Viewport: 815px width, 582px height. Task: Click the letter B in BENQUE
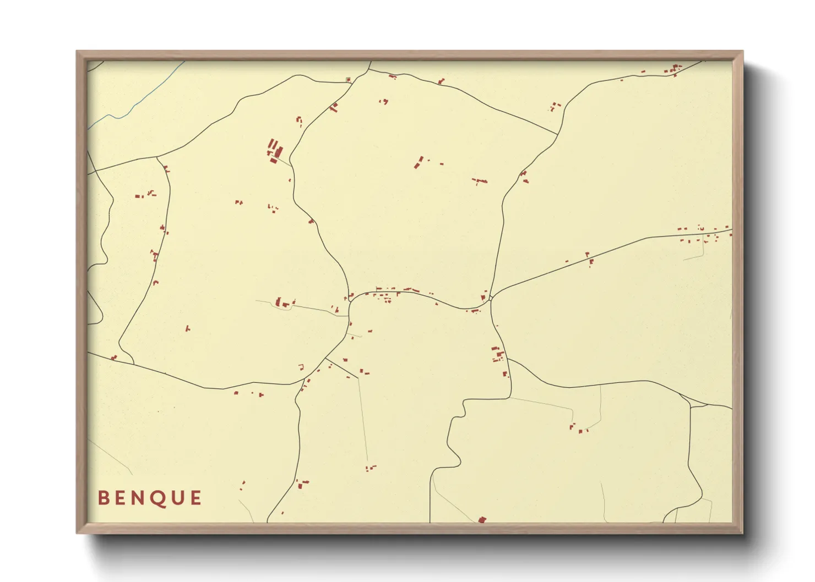coord(102,498)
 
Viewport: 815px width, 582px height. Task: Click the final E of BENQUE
coord(195,498)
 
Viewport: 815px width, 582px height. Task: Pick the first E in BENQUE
coord(120,498)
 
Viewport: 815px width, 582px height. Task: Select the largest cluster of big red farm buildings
coord(274,150)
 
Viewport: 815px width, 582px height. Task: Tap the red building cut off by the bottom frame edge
coord(482,519)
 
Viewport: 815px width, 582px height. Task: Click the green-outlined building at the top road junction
coord(347,80)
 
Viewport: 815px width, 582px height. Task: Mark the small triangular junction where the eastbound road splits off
coord(490,298)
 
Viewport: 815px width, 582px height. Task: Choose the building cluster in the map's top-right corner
coord(673,70)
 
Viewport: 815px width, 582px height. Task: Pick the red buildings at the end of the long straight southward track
coord(371,468)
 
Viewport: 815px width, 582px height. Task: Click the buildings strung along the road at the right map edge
coord(705,235)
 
